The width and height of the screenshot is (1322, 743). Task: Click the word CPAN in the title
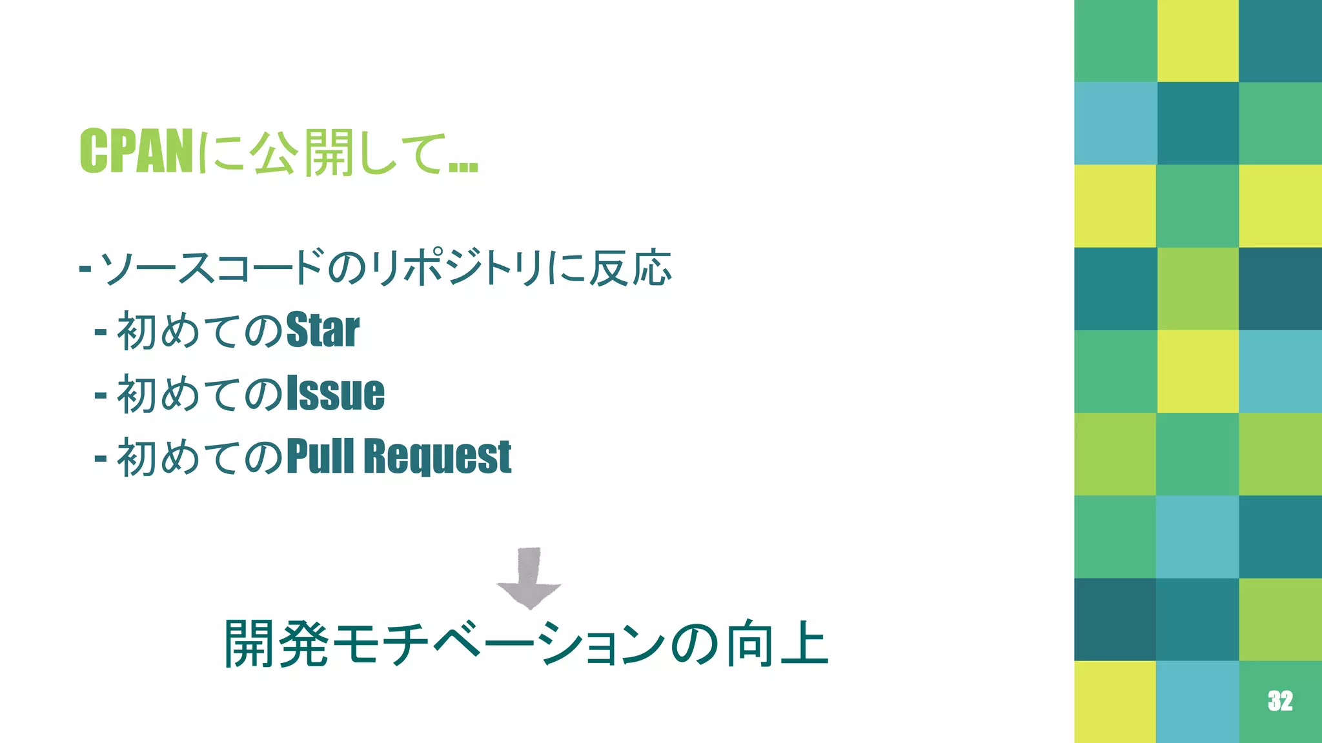pos(136,151)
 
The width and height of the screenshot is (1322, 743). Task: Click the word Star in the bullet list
pos(322,330)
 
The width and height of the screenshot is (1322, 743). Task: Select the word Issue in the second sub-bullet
pos(335,393)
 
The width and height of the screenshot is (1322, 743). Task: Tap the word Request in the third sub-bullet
pos(437,456)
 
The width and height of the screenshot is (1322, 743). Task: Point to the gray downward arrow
pos(529,578)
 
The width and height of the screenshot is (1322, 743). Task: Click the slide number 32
pos(1279,700)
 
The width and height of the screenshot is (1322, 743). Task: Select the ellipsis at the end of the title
pos(463,166)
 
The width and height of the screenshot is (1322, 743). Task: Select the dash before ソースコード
pos(85,267)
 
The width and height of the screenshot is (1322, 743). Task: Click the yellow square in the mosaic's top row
pos(1197,41)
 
